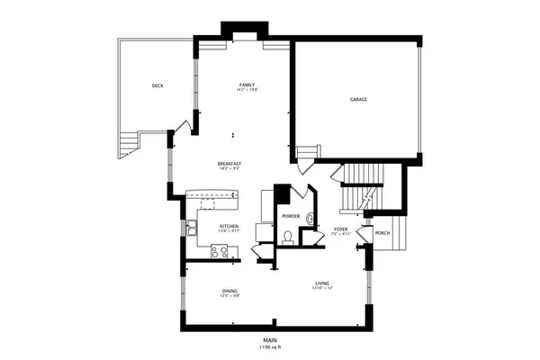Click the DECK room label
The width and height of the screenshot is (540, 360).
tap(157, 85)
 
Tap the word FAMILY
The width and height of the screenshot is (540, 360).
tap(247, 84)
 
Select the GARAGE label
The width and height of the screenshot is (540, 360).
tap(358, 99)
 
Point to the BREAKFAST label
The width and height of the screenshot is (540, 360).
tap(229, 163)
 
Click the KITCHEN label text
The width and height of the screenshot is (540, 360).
tap(229, 226)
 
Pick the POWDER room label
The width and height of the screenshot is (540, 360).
tap(291, 217)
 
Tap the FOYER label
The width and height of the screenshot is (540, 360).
tap(341, 230)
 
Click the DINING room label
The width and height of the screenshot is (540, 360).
tap(229, 291)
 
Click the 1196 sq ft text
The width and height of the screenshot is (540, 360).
tap(270, 346)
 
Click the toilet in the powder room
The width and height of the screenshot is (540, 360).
tap(288, 238)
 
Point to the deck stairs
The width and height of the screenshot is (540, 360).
tap(128, 144)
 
